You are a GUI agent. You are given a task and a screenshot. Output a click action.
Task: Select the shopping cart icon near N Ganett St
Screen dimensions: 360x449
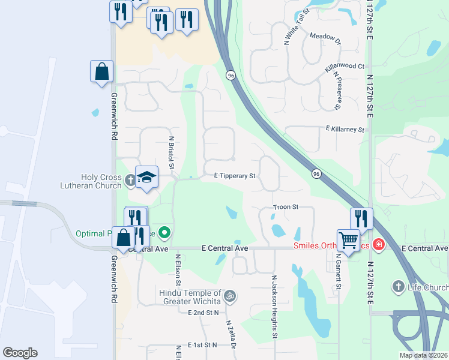348,240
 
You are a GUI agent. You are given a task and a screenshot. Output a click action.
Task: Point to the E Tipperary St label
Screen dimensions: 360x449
235,176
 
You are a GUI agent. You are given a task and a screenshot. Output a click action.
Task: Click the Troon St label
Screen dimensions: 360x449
286,206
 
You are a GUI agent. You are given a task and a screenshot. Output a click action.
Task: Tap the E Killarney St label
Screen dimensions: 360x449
345,129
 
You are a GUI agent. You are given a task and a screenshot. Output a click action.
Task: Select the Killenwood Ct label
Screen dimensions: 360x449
345,67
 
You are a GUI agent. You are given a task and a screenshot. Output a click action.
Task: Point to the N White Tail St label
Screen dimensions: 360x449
297,26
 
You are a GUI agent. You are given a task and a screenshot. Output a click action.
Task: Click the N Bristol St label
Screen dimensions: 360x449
172,152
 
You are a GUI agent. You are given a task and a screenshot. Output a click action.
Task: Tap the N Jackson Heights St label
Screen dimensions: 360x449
274,306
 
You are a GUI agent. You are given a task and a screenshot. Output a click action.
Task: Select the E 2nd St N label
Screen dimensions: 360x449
203,313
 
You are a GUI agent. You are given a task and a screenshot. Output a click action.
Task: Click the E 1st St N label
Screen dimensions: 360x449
202,345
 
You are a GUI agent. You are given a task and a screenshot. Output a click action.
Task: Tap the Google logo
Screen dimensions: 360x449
20,353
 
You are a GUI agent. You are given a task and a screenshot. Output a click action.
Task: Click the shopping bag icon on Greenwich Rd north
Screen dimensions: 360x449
102,71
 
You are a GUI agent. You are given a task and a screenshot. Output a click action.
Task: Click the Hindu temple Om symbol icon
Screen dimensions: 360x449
229,296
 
